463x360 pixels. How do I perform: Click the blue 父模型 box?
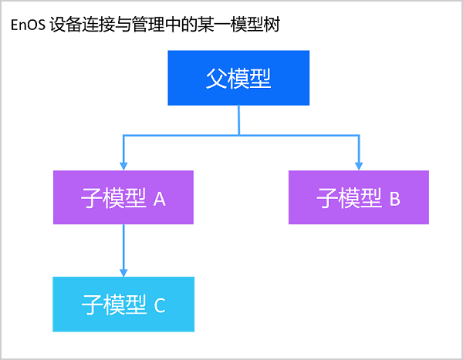pyautogui.click(x=239, y=78)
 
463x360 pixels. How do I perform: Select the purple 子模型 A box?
pyautogui.click(x=123, y=198)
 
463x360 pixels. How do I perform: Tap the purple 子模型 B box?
pyautogui.click(x=358, y=198)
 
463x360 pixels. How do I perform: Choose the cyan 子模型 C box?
pyautogui.click(x=123, y=304)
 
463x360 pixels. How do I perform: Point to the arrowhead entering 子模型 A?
pyautogui.click(x=123, y=165)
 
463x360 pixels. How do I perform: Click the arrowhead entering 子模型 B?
pyautogui.click(x=358, y=165)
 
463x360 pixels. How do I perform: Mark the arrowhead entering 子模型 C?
pyautogui.click(x=123, y=271)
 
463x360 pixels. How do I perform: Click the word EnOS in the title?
pyautogui.click(x=26, y=25)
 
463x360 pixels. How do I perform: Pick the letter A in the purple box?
pyautogui.click(x=160, y=199)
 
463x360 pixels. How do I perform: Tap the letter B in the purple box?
pyautogui.click(x=394, y=199)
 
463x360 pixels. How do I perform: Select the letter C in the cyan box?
pyautogui.click(x=160, y=305)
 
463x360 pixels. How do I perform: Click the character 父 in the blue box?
pyautogui.click(x=217, y=78)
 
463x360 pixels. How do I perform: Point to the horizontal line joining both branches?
pyautogui.click(x=239, y=136)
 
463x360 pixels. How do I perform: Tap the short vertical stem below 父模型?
pyautogui.click(x=239, y=119)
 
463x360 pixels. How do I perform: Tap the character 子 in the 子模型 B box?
pyautogui.click(x=327, y=198)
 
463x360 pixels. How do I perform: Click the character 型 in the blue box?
pyautogui.click(x=261, y=78)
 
